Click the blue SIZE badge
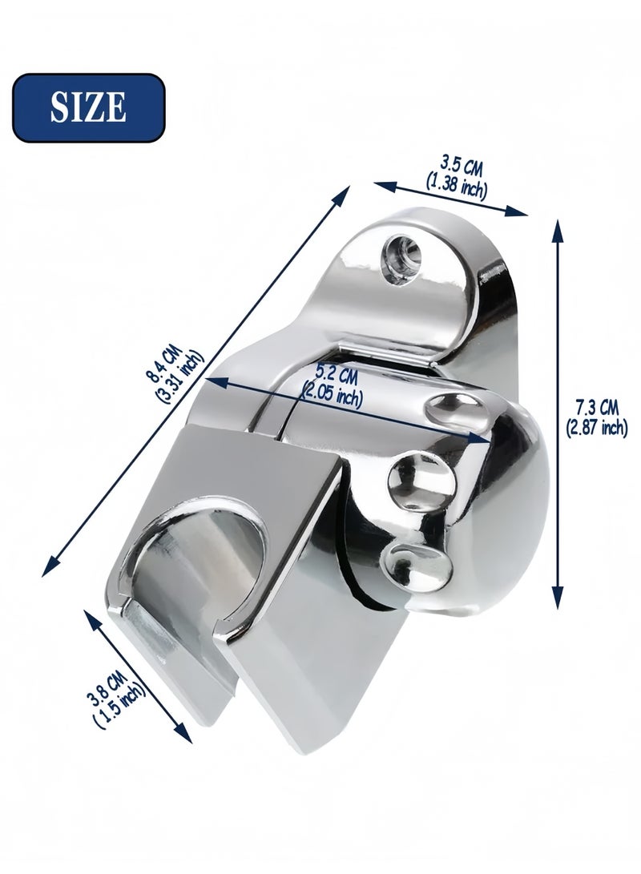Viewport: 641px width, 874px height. (x=89, y=107)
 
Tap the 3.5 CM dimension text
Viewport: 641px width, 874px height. (x=462, y=165)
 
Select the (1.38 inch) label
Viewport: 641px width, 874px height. (x=457, y=184)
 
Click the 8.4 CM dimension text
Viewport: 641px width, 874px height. (x=164, y=365)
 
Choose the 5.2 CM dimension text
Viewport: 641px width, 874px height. (x=336, y=373)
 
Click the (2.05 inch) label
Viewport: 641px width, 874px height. (x=332, y=393)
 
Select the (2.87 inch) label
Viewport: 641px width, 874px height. (x=597, y=428)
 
